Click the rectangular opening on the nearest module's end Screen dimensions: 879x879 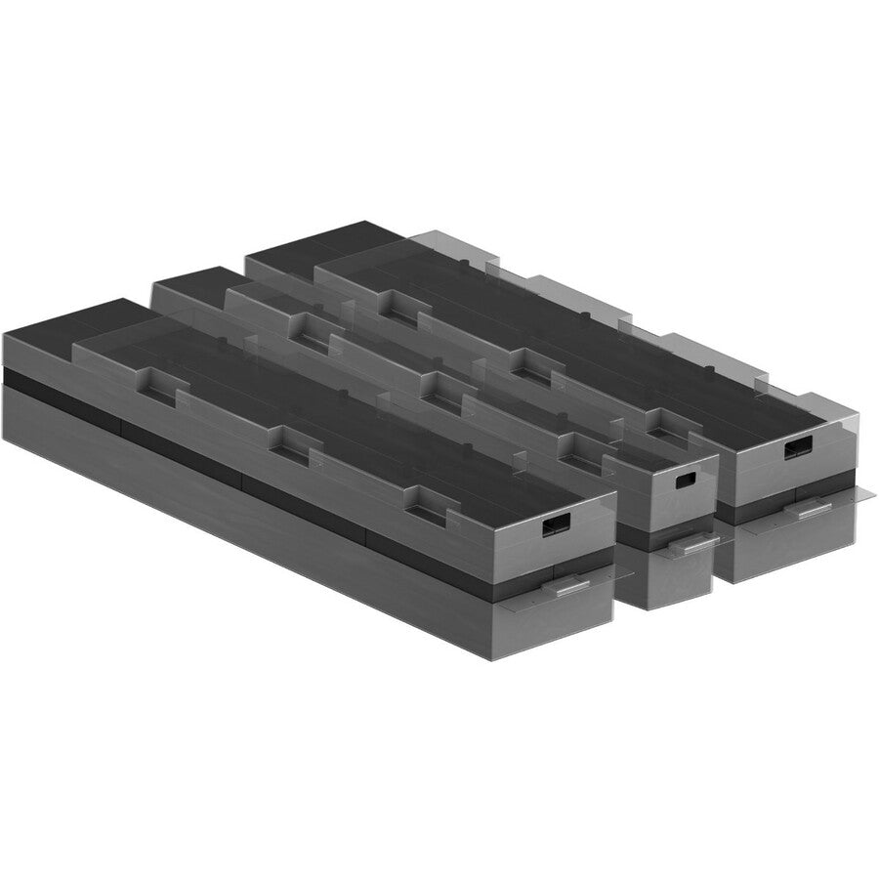click(556, 526)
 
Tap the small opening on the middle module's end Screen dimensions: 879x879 click(685, 481)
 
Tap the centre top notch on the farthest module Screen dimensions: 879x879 click(527, 367)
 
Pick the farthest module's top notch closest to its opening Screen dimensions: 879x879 click(662, 419)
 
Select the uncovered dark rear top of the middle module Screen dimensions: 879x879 click(190, 282)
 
